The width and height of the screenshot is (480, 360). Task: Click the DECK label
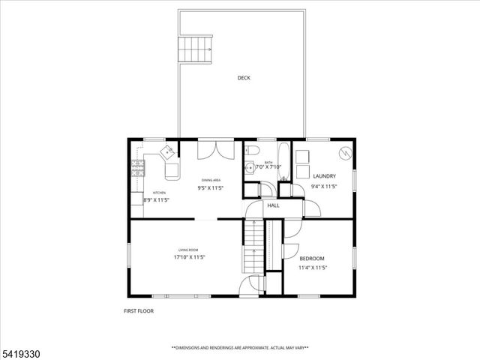(x=244, y=78)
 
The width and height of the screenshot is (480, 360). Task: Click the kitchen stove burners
(x=138, y=169)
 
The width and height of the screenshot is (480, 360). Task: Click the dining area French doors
(x=211, y=149)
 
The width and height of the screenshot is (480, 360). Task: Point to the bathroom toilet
(x=253, y=151)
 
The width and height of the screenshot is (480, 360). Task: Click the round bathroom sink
(x=250, y=167)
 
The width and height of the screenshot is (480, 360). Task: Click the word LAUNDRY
(x=324, y=176)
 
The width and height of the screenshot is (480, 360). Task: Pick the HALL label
(x=273, y=205)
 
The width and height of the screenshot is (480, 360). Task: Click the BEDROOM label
(x=311, y=258)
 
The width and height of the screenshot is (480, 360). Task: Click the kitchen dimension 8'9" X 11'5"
(x=156, y=200)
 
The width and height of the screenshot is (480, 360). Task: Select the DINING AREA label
(x=211, y=181)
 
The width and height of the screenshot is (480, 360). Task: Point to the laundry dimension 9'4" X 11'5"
(x=324, y=186)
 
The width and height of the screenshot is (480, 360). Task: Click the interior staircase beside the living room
(x=253, y=247)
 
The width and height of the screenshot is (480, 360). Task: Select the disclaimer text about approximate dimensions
(x=240, y=347)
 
